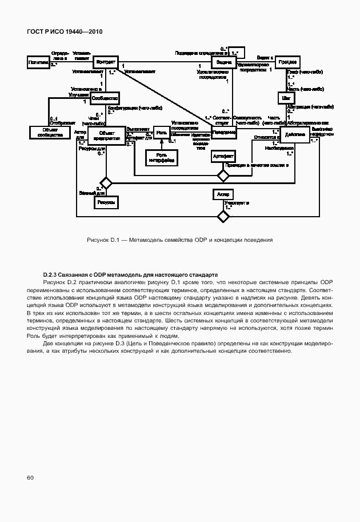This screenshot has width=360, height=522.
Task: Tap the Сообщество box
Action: tap(104, 99)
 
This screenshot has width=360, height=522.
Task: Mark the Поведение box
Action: tap(223, 132)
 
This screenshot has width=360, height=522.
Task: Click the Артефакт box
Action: tap(223, 156)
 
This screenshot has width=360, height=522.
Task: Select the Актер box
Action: tap(223, 195)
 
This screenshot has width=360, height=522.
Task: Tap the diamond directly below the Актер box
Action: tap(223, 216)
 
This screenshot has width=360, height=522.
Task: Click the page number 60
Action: tap(30, 477)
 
